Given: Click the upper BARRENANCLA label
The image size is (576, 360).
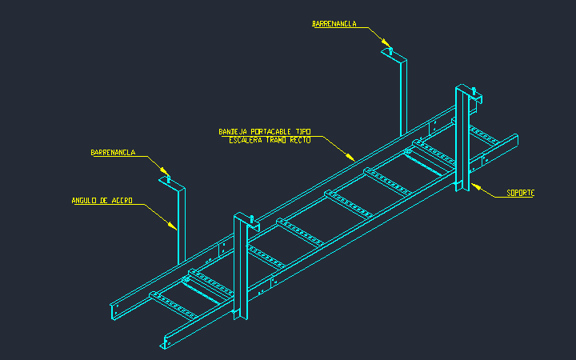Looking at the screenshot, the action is [x=334, y=24].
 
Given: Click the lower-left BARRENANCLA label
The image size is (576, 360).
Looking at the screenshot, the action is [x=113, y=153].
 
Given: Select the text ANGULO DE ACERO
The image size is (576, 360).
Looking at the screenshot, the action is [x=102, y=201].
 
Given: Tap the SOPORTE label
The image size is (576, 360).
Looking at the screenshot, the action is [x=521, y=193].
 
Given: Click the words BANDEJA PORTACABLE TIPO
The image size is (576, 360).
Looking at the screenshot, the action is [x=265, y=131].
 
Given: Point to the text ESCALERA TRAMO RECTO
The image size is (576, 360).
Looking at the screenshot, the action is [x=270, y=140].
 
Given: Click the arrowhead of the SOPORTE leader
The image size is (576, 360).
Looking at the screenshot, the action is [x=476, y=187].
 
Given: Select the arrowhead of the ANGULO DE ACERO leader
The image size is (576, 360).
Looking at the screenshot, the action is [x=172, y=226].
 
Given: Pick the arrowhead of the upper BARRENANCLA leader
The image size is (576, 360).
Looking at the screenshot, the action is [x=385, y=42].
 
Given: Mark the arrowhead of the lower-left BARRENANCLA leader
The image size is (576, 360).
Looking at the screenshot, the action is [x=164, y=171].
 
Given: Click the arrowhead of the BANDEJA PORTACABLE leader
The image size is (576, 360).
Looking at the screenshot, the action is [x=350, y=157].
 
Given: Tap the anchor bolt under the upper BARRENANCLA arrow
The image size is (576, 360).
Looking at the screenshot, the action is [x=390, y=51].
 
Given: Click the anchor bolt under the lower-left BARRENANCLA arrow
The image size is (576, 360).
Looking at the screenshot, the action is [x=169, y=180].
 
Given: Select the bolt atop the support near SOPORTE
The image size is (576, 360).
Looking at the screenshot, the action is [x=474, y=91].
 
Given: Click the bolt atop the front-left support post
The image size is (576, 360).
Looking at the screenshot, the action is [x=252, y=219].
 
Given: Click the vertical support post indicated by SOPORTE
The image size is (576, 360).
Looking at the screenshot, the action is [x=462, y=138].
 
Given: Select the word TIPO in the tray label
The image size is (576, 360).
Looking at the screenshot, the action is [x=303, y=131].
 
